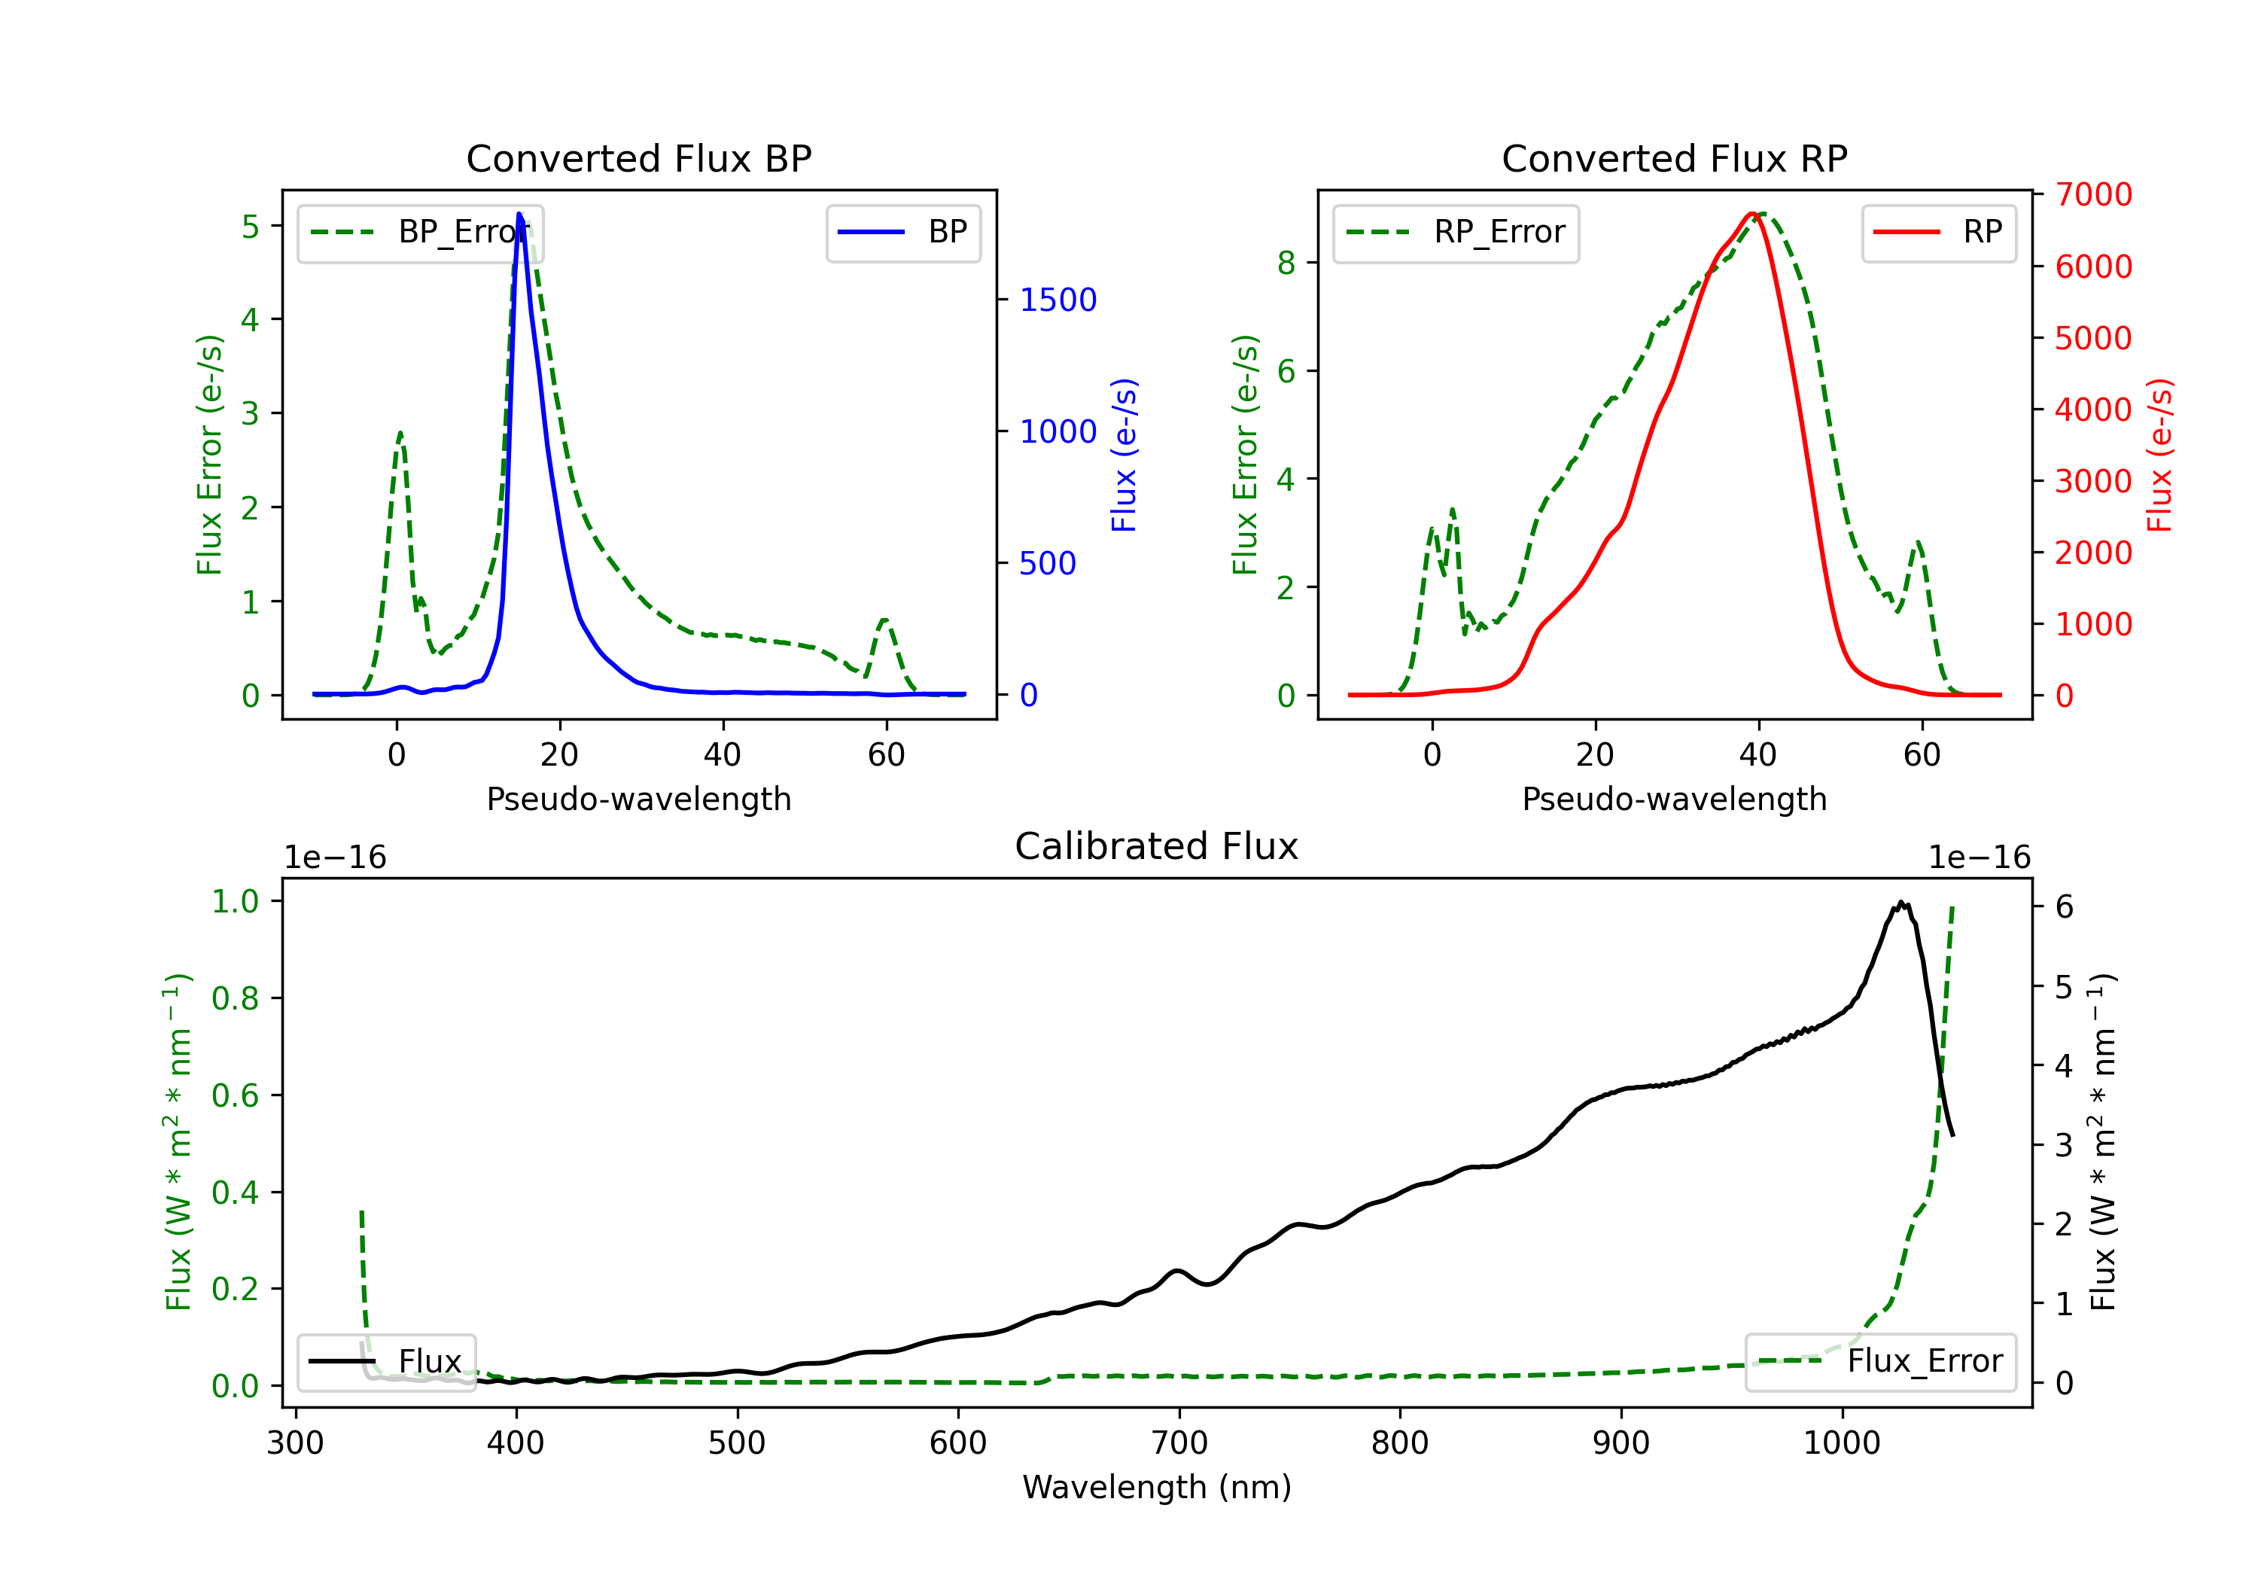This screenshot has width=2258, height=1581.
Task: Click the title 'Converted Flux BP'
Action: pos(639,158)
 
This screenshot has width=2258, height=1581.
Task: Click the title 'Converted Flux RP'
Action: pos(1675,158)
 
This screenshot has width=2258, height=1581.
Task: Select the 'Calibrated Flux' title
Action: pos(1157,846)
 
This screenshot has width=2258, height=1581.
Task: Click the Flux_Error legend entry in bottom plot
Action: pos(1880,1362)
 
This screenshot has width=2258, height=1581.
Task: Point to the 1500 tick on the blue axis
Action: pos(1058,300)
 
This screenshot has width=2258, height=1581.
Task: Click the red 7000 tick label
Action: pos(2094,195)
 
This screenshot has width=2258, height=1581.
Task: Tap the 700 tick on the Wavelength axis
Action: pos(1179,1443)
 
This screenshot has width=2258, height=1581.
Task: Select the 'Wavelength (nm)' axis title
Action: pos(1157,1488)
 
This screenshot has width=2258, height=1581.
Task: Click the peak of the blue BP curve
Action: pos(519,214)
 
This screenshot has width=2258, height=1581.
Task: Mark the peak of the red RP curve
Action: pos(1751,214)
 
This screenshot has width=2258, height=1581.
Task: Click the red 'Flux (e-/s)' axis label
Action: pos(2159,455)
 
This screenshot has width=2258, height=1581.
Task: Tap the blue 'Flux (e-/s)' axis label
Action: pos(1123,455)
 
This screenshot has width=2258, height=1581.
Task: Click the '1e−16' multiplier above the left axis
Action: pos(336,858)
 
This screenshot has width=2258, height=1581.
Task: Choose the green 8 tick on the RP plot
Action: pos(1286,263)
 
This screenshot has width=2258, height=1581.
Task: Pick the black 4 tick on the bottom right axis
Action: pos(2065,1065)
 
